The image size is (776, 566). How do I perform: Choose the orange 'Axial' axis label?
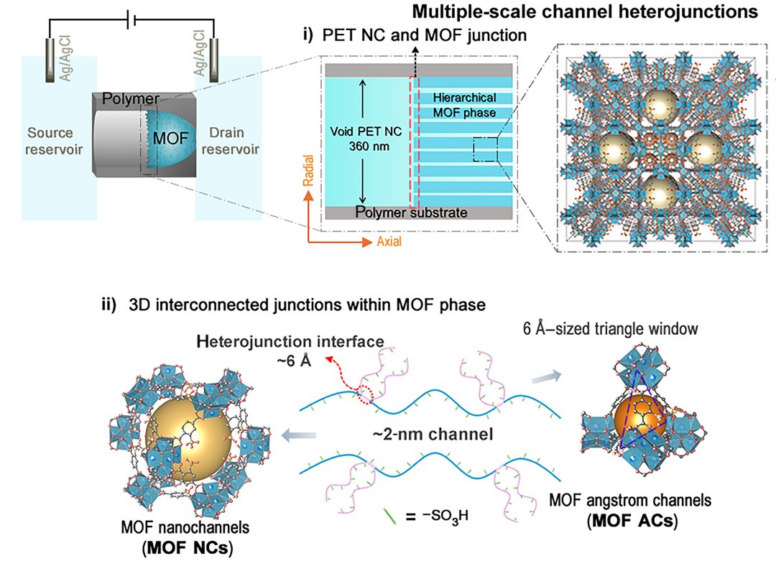389,242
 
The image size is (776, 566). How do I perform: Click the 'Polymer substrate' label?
412,213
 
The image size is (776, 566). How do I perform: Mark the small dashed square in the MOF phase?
485,151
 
